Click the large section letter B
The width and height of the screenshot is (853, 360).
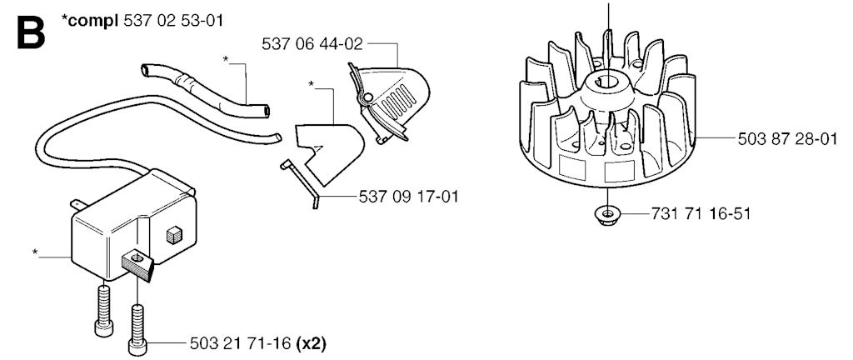point(31,32)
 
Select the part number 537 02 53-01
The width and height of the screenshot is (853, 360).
point(173,21)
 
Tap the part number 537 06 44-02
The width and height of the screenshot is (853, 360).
point(312,44)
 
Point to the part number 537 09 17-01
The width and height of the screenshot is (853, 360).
point(408,197)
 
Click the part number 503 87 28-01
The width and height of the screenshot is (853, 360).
point(788,139)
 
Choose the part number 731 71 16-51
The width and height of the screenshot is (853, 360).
point(701,213)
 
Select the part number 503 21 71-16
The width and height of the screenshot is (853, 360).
point(241,343)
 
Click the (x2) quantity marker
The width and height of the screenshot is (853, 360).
point(312,343)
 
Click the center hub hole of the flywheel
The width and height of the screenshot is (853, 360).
point(606,82)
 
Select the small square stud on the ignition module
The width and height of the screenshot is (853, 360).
point(173,235)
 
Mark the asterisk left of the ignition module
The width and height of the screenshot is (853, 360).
point(35,252)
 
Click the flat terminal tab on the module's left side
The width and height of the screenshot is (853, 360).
point(77,204)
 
